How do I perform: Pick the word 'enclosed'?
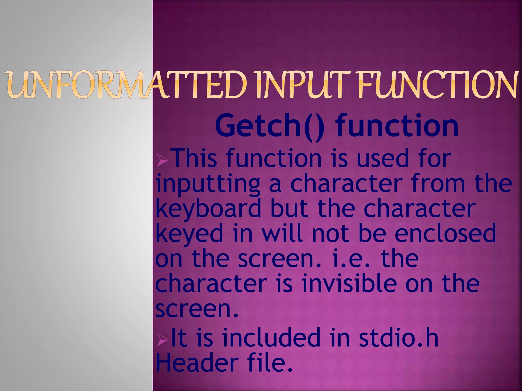(x=445, y=233)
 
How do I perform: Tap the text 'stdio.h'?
(x=399, y=338)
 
